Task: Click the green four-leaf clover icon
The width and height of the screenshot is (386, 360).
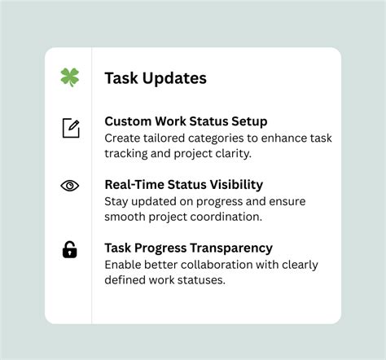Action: (x=69, y=77)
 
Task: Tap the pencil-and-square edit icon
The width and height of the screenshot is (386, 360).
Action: (x=71, y=128)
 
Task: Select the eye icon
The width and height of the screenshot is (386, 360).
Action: (x=70, y=186)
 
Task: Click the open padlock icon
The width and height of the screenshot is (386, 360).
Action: (x=70, y=249)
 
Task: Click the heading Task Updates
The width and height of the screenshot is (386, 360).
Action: (x=156, y=78)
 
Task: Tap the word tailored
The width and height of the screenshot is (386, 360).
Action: (x=169, y=138)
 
